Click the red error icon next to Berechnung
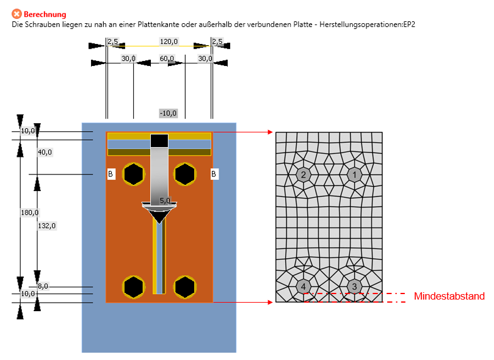16,14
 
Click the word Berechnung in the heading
45,14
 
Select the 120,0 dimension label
169,41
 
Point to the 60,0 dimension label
167,59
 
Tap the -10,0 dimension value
168,113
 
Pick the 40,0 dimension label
45,152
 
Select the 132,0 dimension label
46,225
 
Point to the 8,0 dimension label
43,286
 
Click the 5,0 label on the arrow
165,200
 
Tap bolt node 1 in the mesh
355,175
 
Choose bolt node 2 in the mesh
303,175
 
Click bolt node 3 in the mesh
355,286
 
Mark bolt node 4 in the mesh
303,286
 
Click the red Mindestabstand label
449,297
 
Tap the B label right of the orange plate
214,175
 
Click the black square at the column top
159,140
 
